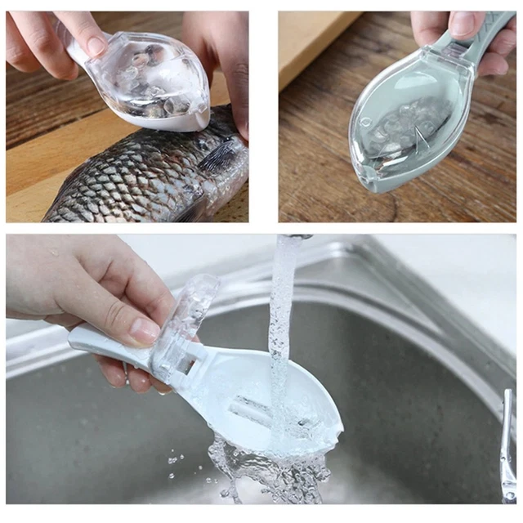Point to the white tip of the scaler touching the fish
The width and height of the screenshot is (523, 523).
coord(197,123)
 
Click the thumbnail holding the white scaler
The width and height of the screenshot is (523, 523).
coord(144,329)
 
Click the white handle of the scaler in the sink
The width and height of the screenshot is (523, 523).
coord(106,343)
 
